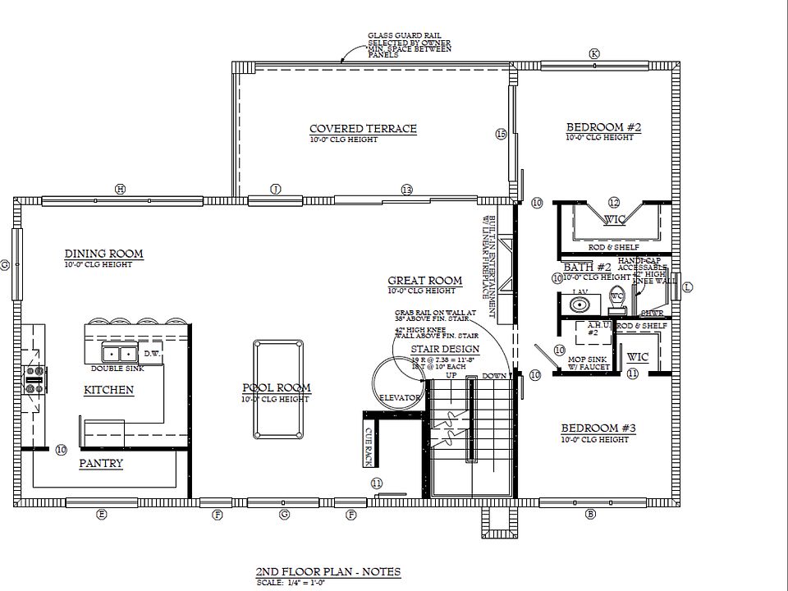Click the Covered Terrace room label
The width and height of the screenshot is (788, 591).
[363, 129]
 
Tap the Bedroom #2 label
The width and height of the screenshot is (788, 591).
[603, 127]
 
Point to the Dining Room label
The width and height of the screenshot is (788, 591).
[103, 254]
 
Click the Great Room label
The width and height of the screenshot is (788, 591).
[424, 281]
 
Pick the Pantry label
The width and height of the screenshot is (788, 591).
[101, 464]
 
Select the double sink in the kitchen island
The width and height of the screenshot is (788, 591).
[119, 354]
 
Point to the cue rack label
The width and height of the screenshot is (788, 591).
[369, 444]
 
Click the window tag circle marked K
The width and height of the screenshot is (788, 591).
[594, 53]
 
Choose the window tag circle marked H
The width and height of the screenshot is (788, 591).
[120, 190]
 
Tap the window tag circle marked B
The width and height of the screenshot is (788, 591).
[590, 515]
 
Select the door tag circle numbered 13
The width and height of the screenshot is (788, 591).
[406, 190]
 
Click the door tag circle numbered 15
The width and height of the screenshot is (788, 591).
[501, 134]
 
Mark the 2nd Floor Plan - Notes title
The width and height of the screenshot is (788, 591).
[328, 571]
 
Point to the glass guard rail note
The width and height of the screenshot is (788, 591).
[408, 45]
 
